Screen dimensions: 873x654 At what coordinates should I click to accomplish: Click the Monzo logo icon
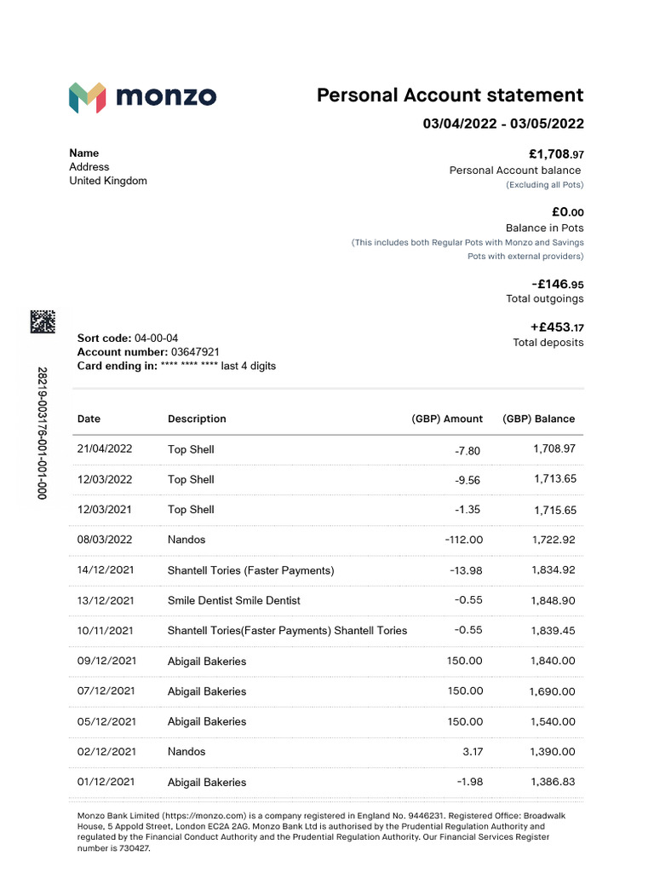87,97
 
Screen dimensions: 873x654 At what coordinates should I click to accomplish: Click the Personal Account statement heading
450,95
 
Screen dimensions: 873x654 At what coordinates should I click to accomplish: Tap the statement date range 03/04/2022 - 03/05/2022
503,124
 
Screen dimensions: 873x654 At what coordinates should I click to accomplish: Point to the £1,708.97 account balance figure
556,154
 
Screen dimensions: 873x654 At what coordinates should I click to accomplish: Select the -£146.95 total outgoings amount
557,284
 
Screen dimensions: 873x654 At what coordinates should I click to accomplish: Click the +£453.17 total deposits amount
557,327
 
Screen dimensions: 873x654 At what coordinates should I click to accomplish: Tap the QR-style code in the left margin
43,321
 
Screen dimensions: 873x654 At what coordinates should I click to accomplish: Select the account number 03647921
195,352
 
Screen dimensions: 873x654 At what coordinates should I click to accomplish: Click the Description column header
197,419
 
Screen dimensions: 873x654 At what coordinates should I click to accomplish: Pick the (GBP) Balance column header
538,419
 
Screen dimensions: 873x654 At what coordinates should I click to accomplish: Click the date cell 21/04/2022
105,449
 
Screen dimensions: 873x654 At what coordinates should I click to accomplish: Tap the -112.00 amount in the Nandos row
463,540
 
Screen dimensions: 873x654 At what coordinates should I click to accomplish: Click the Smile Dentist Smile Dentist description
234,600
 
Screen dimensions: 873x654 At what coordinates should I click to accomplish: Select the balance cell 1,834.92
553,569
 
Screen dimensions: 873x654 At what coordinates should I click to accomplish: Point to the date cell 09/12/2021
105,661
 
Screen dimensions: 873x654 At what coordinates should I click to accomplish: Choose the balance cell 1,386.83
553,782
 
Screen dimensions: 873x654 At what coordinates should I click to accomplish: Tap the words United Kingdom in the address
108,181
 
